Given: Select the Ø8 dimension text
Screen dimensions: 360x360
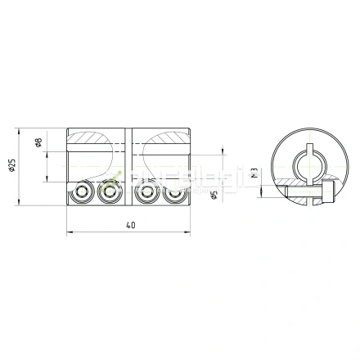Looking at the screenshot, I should (x=38, y=144).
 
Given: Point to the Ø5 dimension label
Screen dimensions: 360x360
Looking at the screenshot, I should (x=214, y=196).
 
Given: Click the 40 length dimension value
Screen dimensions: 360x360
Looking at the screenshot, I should (x=131, y=227).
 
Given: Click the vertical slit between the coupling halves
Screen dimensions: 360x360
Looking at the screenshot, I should (x=128, y=168).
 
